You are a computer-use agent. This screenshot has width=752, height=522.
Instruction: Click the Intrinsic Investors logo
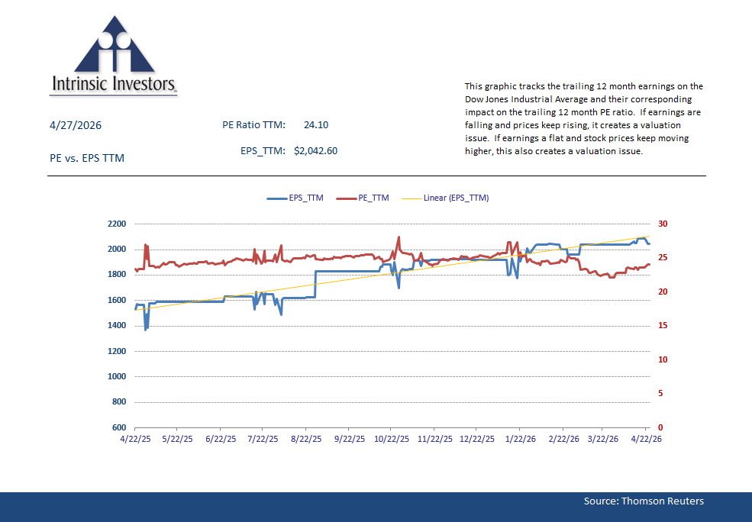tap(114, 57)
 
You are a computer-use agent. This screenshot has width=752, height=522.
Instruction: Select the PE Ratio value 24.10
tap(315, 125)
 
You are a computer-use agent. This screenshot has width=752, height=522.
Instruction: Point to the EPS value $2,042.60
tap(315, 151)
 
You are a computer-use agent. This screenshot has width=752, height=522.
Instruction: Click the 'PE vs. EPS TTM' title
tap(86, 158)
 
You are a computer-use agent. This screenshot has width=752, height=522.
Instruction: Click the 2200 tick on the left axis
tap(117, 224)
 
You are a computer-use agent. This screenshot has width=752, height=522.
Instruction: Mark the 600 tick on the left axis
tap(119, 427)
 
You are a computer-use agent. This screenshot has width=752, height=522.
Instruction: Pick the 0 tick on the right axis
tap(660, 427)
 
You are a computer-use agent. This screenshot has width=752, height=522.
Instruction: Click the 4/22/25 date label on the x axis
tap(135, 440)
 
